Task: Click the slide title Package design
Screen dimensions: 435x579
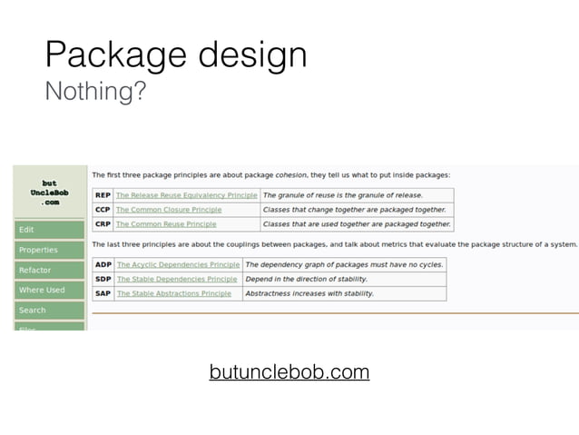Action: coord(176,56)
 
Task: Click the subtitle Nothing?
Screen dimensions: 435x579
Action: coord(94,92)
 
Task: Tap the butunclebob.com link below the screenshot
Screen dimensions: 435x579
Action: coord(289,372)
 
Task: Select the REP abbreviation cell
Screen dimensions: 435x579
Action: coord(103,195)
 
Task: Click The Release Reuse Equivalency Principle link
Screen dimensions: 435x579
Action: coord(186,195)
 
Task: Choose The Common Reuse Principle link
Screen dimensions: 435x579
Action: coord(166,224)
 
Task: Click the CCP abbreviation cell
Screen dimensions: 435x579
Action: coord(103,210)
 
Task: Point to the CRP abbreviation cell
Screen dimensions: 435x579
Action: coord(103,224)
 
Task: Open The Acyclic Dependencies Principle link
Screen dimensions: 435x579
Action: coord(178,265)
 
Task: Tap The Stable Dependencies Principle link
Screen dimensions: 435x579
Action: coord(177,280)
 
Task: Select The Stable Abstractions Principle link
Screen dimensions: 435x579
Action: coord(174,294)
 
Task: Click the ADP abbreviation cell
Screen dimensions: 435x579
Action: coord(103,265)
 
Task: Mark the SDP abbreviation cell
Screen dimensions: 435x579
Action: coord(103,280)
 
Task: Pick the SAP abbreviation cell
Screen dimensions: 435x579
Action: coord(103,294)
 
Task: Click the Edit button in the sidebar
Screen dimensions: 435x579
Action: coord(49,230)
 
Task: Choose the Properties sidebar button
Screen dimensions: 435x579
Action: coord(49,250)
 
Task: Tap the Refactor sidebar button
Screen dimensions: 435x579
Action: coord(49,270)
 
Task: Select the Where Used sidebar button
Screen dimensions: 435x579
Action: coord(49,290)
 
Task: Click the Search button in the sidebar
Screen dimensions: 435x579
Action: coord(49,310)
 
